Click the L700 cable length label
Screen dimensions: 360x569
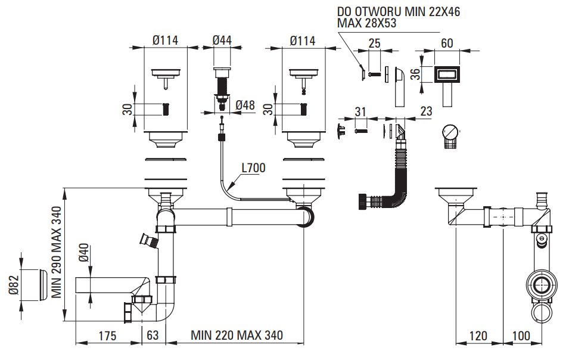point(253,169)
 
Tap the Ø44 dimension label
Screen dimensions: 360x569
point(222,41)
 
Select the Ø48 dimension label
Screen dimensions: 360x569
point(245,105)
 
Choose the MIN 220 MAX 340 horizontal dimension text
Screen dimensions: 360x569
point(237,336)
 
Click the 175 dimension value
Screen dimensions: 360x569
point(108,336)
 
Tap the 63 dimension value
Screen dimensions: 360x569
point(153,336)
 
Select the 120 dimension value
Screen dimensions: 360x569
point(478,336)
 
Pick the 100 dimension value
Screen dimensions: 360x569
point(521,336)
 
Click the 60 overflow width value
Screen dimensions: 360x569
point(447,43)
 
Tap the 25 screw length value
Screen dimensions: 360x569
point(374,43)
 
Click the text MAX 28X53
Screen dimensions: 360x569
point(367,23)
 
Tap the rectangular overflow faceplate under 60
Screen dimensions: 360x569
point(447,74)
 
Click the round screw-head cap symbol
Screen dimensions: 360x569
point(450,131)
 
